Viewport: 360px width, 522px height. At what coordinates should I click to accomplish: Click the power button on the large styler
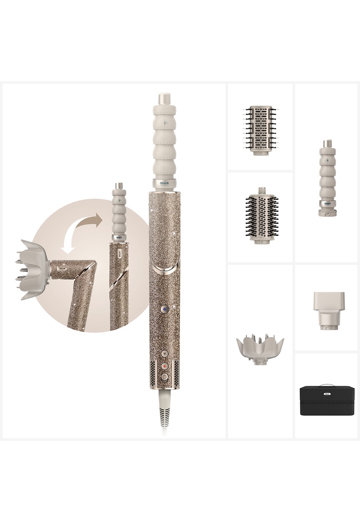[x=164, y=377]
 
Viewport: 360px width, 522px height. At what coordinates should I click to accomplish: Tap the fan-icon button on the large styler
[x=164, y=353]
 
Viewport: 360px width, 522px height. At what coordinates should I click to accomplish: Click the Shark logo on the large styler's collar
[x=164, y=183]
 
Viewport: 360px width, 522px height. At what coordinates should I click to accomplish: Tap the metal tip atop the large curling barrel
[x=164, y=99]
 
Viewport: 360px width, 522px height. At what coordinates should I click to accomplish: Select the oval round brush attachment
[x=261, y=215]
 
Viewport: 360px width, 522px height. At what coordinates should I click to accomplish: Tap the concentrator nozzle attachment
[x=327, y=309]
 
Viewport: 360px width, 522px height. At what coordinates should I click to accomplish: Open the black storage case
[x=327, y=401]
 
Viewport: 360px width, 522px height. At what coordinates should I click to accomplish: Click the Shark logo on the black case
[x=327, y=394]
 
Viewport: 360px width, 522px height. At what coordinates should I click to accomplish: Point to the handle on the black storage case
[x=327, y=385]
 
